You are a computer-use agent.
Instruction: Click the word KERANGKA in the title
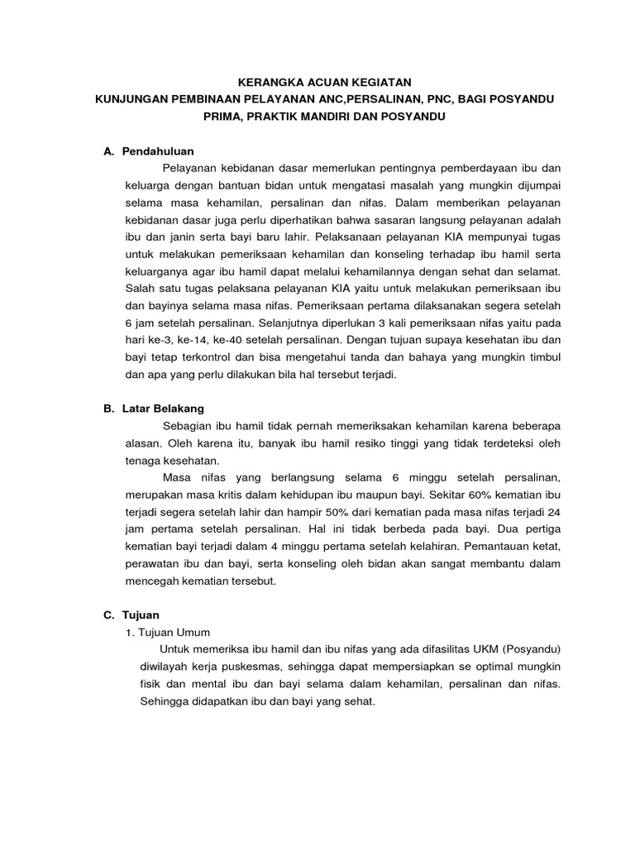267,82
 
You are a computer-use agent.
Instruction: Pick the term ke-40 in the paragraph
232,339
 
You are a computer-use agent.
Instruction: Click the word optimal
473,667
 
